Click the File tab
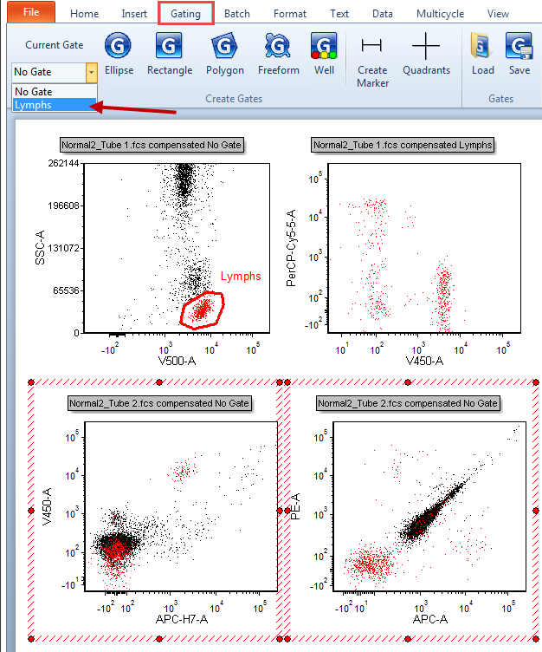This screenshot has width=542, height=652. pyautogui.click(x=31, y=12)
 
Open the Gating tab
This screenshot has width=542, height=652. pyautogui.click(x=186, y=13)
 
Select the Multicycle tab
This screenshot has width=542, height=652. pyautogui.click(x=440, y=14)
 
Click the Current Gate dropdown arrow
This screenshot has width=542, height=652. pyautogui.click(x=91, y=72)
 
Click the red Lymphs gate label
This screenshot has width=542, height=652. pyautogui.click(x=240, y=277)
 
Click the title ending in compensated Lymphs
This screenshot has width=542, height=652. pyautogui.click(x=403, y=145)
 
